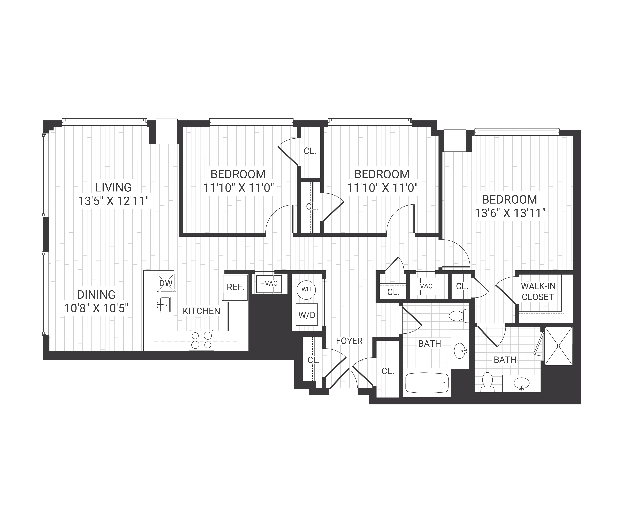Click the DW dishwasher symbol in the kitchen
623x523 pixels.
pos(166,283)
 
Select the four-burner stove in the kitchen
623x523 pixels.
pos(201,340)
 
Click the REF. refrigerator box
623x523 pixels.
pos(235,287)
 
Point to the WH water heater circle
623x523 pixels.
pos(306,289)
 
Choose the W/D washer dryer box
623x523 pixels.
pos(307,315)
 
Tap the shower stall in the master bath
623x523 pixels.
pos(559,346)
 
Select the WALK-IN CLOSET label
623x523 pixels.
pos(538,291)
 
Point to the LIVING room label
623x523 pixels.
pos(113,187)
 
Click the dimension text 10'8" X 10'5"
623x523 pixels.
pos(96,308)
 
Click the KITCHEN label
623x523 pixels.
pos(201,311)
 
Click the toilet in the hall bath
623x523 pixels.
pos(458,316)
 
